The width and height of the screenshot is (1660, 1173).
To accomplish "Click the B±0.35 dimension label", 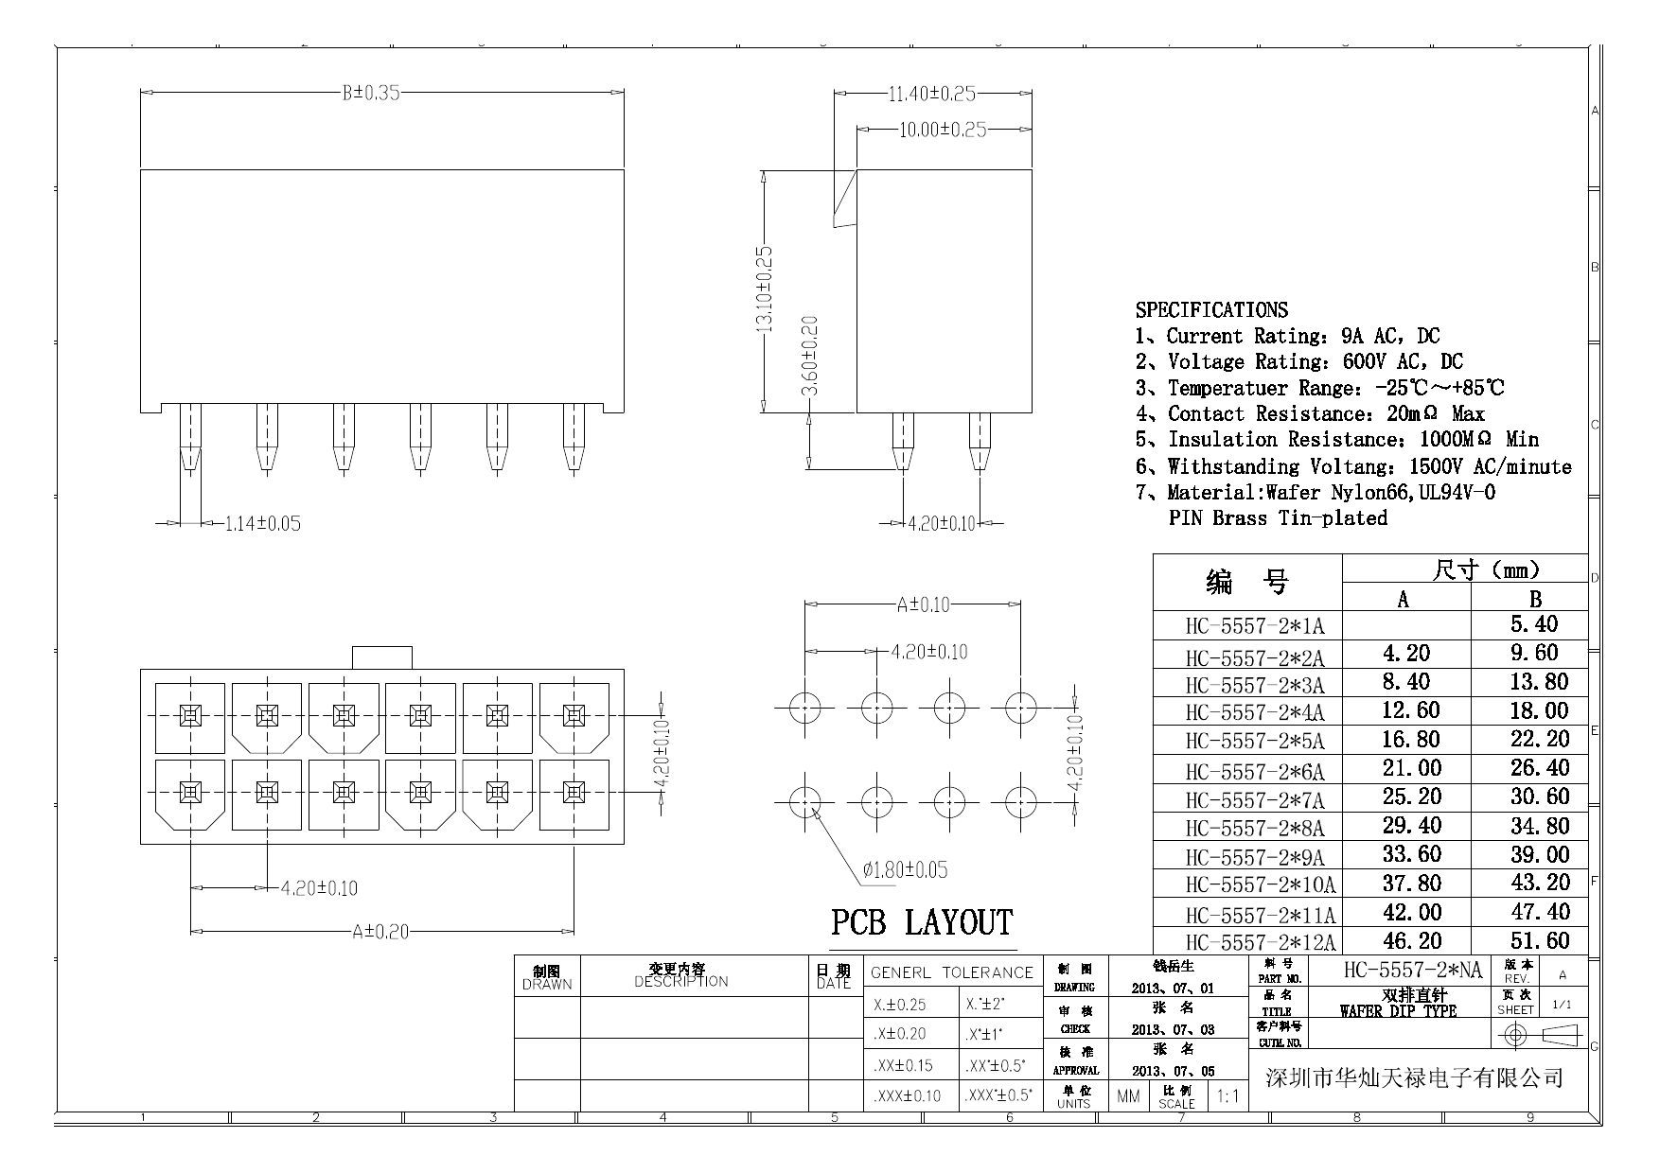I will (x=371, y=93).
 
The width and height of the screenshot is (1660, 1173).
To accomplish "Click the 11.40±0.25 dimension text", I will (x=931, y=94).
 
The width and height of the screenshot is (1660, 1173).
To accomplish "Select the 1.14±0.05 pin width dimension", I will (x=262, y=523).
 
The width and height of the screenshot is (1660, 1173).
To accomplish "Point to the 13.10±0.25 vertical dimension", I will (x=764, y=289).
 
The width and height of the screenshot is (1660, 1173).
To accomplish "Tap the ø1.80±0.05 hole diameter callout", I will (x=904, y=869).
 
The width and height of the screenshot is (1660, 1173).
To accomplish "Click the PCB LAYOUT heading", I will (x=922, y=922).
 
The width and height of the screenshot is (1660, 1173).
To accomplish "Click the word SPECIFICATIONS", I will (x=1211, y=310).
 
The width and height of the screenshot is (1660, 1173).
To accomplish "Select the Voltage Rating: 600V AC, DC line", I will (x=1298, y=362).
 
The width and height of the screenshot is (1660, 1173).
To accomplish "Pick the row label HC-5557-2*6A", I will (x=1255, y=771).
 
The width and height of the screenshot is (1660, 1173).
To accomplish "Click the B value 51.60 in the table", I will (x=1540, y=941).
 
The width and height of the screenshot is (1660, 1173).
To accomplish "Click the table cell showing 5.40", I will (x=1534, y=624).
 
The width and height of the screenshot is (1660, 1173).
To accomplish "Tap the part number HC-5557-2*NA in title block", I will (x=1413, y=971).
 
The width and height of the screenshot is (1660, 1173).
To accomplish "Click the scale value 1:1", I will (x=1227, y=1096).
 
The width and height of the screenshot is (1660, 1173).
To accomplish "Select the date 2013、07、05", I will (x=1173, y=1072).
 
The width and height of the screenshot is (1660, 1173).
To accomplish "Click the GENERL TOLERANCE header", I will (x=951, y=972).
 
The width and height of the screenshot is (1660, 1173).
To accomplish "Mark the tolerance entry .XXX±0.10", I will (x=908, y=1096).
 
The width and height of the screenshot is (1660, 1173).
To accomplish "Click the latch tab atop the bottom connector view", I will (x=381, y=657).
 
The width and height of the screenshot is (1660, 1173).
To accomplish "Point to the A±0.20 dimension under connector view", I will (x=380, y=932).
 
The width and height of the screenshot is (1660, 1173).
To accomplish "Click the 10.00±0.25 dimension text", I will (x=942, y=130).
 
